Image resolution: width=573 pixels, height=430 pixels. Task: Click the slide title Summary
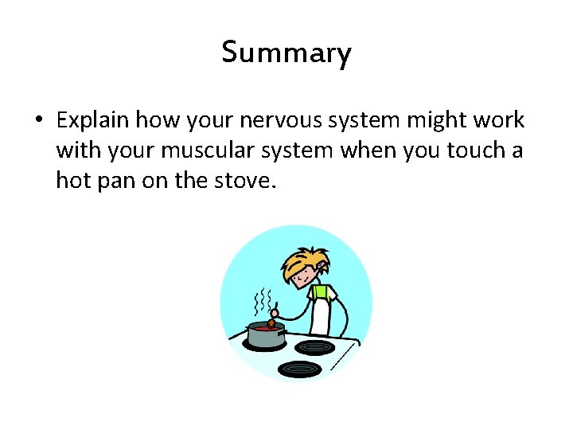286,53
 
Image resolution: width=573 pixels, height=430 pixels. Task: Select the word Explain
93,120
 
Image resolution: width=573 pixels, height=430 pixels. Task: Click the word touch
471,150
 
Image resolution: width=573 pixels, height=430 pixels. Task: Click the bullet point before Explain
38,121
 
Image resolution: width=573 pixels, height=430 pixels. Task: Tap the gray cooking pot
265,335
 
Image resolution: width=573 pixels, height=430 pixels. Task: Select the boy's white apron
321,315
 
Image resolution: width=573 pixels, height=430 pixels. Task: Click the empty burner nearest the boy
316,347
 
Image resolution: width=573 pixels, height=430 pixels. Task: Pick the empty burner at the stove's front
299,369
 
